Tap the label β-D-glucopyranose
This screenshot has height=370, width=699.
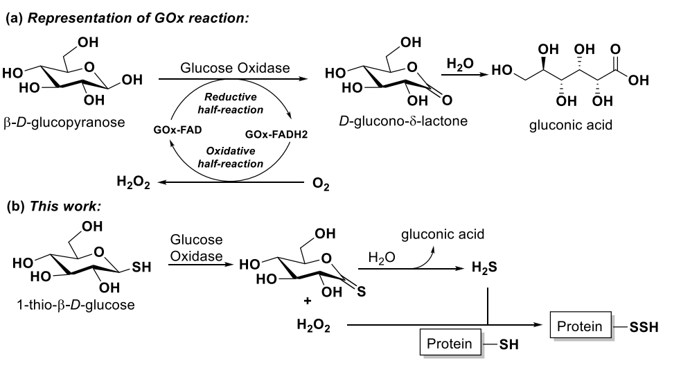coord(64,123)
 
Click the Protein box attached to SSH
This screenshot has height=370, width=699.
coord(581,325)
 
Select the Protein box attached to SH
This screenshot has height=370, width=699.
coord(450,344)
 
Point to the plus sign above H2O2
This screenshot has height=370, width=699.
coord(307,302)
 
